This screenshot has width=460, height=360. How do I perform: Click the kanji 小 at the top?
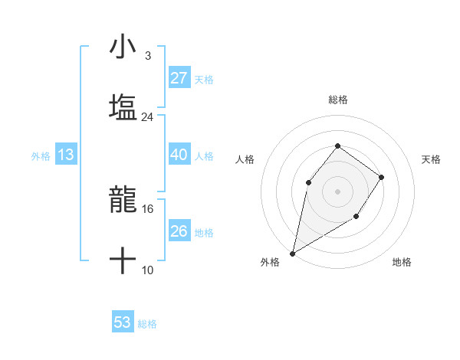pos(123,47)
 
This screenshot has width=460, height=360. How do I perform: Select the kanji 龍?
pos(123,201)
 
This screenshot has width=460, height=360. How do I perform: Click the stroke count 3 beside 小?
pos(147,56)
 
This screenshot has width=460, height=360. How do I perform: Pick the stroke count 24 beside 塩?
pos(147,117)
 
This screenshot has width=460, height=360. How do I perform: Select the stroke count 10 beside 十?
pos(148,270)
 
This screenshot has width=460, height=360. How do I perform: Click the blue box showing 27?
pos(179,78)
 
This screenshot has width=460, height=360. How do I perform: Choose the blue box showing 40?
pos(179,155)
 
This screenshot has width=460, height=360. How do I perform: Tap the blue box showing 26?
pos(179,231)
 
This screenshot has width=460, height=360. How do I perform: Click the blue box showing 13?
pos(66,155)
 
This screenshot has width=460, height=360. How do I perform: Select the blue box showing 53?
pos(123,322)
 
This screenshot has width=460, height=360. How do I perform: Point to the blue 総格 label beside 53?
pos(147,324)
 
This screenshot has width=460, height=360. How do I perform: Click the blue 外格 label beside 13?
pos(41,156)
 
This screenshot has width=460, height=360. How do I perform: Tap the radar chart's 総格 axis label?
pos(337,100)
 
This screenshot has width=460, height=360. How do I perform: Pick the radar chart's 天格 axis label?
pos(432,159)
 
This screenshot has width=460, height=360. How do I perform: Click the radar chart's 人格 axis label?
pos(245,159)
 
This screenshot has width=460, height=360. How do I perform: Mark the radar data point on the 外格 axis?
pos(292,253)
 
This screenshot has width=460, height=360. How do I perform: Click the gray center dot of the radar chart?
pos(337,191)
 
